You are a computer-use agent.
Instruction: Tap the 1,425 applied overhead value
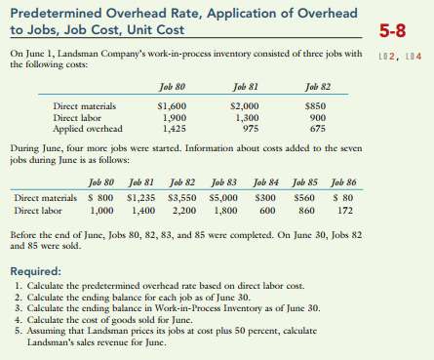172,127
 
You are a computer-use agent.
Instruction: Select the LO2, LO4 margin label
406,51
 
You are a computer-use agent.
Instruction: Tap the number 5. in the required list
20,329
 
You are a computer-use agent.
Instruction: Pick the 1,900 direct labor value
173,116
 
